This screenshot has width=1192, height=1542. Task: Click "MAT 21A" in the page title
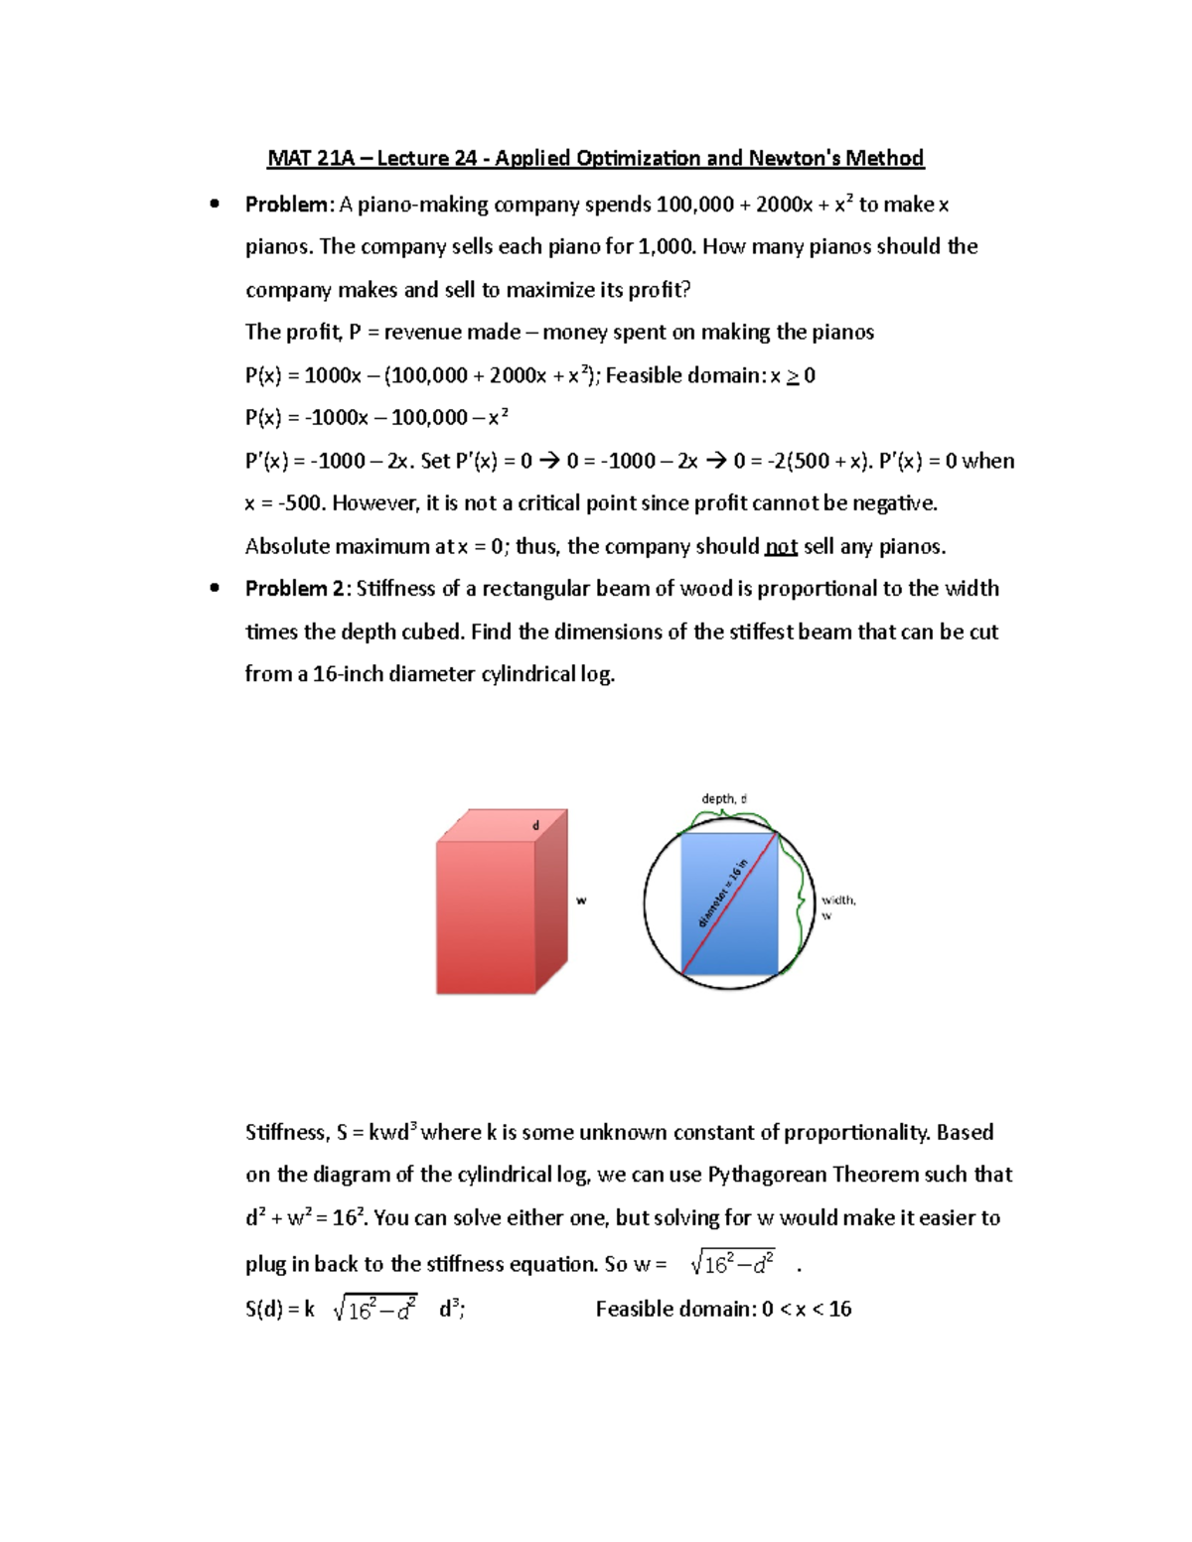pos(310,158)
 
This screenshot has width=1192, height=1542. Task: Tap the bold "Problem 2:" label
pos(297,589)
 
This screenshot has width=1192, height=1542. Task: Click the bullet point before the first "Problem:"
pos(214,205)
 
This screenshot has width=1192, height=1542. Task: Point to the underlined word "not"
pos(781,547)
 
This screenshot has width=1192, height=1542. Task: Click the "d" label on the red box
pos(536,826)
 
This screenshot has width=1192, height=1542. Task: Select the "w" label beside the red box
pos(581,901)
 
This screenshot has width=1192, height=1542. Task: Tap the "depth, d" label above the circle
pos(723,798)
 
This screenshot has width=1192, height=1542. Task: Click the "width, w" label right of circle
pos(837,906)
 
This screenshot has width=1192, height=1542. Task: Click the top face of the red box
pos(503,826)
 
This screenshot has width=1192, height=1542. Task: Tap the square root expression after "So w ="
pos(733,1264)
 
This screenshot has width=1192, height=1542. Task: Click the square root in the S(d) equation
pos(375,1310)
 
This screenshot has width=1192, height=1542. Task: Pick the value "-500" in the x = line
pos(300,503)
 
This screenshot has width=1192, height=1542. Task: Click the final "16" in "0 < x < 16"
pos(839,1310)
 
